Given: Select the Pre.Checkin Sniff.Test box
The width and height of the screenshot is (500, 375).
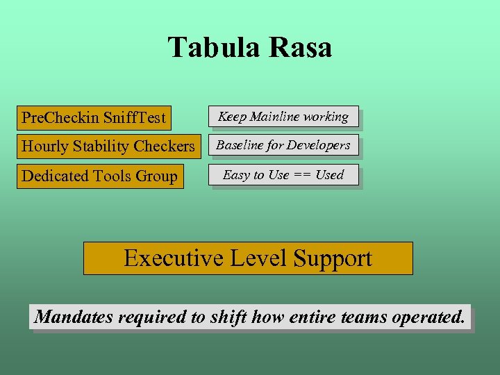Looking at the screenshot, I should pos(94,117).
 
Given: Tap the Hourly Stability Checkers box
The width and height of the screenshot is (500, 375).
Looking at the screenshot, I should pos(108,147).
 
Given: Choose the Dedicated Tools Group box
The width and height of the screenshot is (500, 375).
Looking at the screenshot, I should pos(100,176).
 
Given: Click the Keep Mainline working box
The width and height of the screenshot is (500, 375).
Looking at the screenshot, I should pos(283,117).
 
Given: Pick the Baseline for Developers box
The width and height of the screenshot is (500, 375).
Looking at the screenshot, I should pos(283,146).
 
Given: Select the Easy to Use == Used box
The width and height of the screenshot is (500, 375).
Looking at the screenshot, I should pos(283,175).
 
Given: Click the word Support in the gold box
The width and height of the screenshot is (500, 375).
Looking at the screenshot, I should pos(333,258).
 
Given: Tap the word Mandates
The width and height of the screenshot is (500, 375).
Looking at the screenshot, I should pos(74,317).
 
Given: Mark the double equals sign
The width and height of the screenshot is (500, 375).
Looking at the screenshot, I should pos(302,175).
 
